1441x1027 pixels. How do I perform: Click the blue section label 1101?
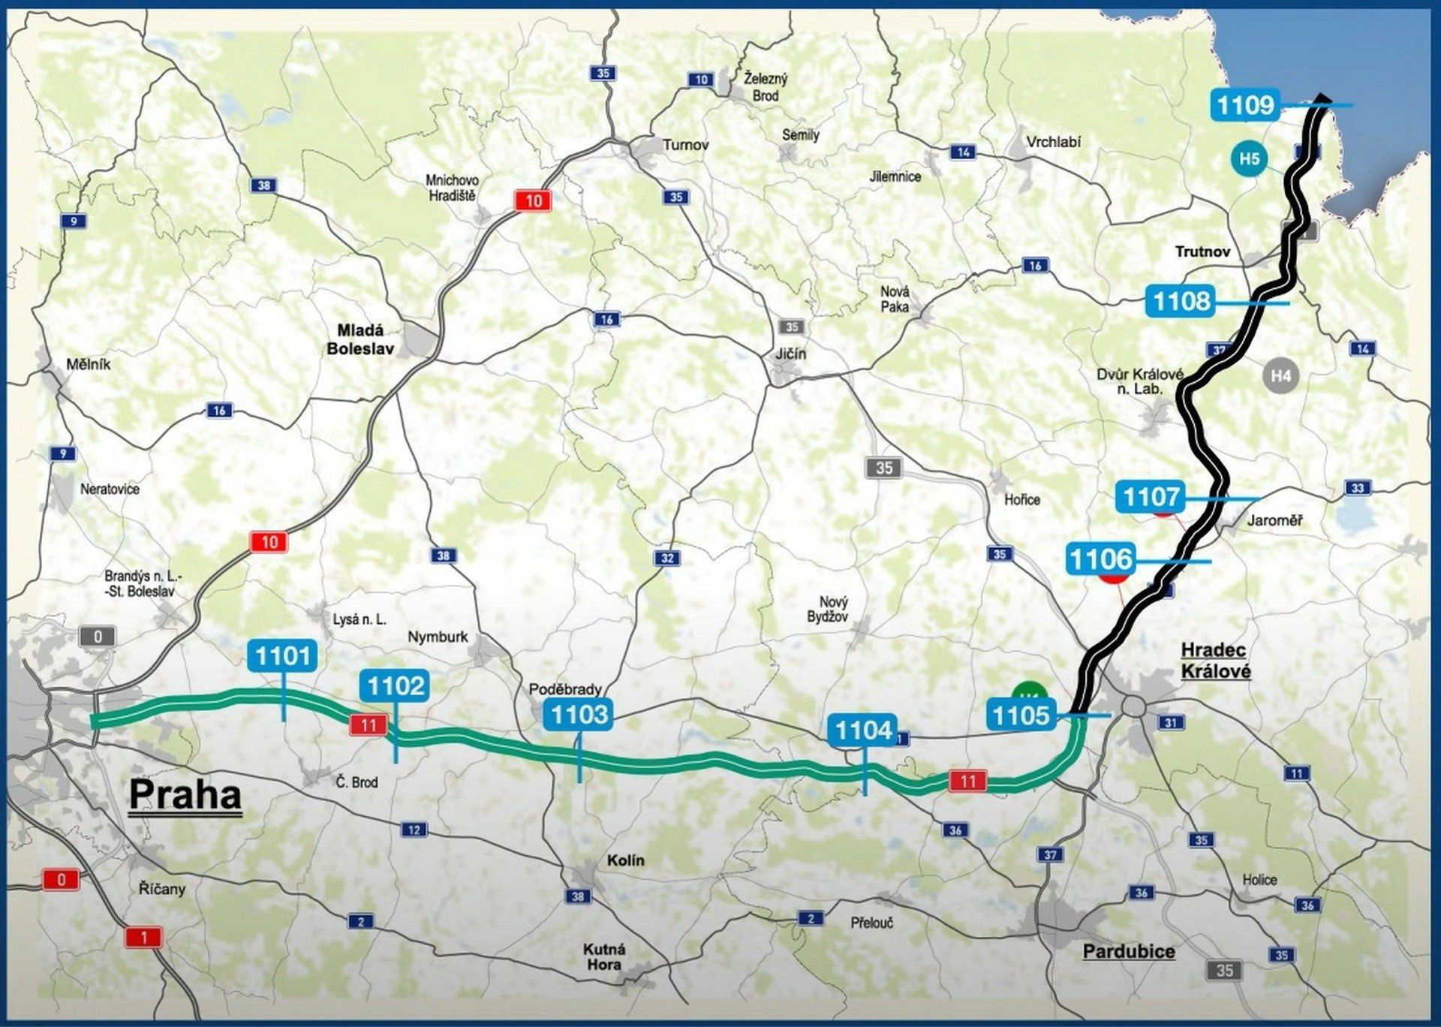pos(282,656)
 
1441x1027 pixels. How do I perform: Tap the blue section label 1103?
pos(579,715)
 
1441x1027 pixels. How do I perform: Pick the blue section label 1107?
pos(1151,497)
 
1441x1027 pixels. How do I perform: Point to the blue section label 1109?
pos(1245,105)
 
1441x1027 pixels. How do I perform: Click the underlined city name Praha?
pos(185,795)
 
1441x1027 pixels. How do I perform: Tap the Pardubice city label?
pos(1128,952)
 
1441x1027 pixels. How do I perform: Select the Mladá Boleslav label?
pos(360,339)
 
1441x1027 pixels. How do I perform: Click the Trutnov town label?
pos(1202,251)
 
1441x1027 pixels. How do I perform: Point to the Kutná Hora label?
pos(604,956)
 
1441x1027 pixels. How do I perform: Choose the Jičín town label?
pos(791,354)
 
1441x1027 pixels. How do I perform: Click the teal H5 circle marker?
pos(1249,159)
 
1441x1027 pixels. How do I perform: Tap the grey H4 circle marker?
pos(1281,375)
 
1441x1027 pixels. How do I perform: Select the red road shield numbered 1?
pos(144,937)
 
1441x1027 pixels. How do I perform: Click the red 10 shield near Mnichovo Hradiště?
pos(533,201)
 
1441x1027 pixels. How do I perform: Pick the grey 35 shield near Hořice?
pos(884,468)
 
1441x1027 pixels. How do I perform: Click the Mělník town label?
pos(88,365)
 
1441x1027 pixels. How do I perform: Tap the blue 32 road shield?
pos(667,558)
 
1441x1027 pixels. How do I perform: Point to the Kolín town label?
pos(626,860)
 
